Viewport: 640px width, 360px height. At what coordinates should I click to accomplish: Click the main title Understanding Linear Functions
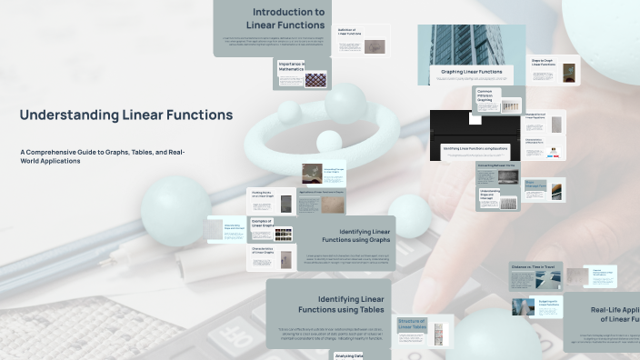pyautogui.click(x=125, y=115)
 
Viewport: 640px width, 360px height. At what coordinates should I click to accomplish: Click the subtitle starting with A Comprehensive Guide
pyautogui.click(x=102, y=156)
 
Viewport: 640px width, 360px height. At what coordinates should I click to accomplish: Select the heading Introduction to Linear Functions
pyautogui.click(x=285, y=18)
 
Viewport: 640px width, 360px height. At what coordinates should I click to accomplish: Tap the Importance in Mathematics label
pyautogui.click(x=291, y=65)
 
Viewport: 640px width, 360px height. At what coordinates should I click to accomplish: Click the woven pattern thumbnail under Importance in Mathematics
pyautogui.click(x=315, y=80)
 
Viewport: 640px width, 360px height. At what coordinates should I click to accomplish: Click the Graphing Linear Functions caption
pyautogui.click(x=471, y=71)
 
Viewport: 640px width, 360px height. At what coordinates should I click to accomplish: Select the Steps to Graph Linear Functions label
pyautogui.click(x=544, y=63)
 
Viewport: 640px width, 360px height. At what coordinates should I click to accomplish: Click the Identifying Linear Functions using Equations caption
pyautogui.click(x=474, y=147)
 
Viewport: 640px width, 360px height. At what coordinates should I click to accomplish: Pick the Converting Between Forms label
pyautogui.click(x=496, y=165)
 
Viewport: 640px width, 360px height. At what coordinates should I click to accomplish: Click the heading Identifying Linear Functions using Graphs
pyautogui.click(x=365, y=236)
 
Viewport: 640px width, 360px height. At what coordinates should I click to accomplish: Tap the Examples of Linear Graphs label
pyautogui.click(x=262, y=222)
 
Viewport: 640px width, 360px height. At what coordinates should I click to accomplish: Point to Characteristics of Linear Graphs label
pyautogui.click(x=263, y=250)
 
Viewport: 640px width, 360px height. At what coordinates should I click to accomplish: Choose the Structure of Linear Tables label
pyautogui.click(x=412, y=325)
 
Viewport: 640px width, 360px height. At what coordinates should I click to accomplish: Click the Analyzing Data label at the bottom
pyautogui.click(x=349, y=355)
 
